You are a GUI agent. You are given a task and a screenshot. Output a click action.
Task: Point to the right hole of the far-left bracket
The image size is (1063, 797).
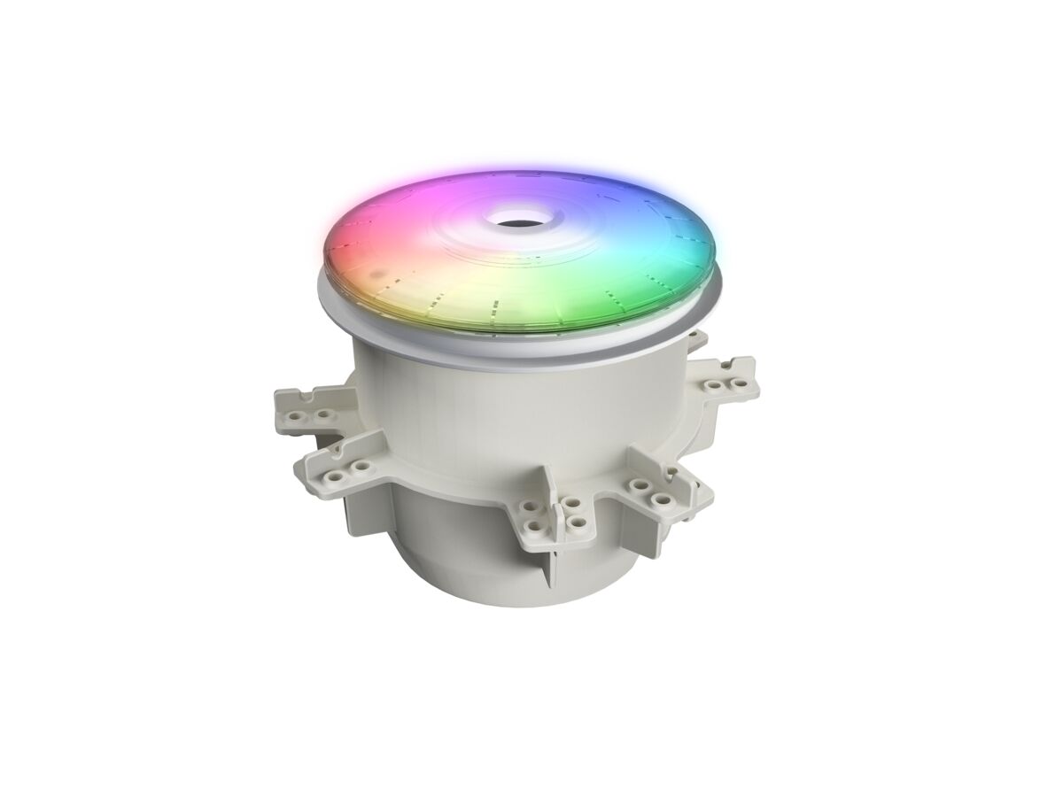[323, 414]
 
